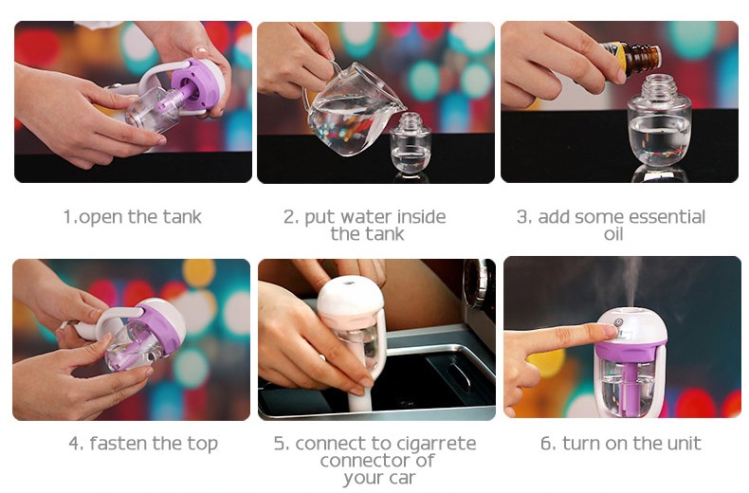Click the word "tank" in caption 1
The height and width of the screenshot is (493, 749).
coord(182,217)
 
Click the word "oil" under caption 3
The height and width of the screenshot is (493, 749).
coord(613,234)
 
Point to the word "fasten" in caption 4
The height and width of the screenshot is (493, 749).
coord(119,444)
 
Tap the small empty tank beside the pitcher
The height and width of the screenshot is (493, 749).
coord(411,142)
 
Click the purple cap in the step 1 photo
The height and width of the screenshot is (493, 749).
coord(199,86)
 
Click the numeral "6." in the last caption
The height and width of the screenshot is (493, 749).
coord(547,444)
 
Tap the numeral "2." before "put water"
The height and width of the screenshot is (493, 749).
coord(290,217)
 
